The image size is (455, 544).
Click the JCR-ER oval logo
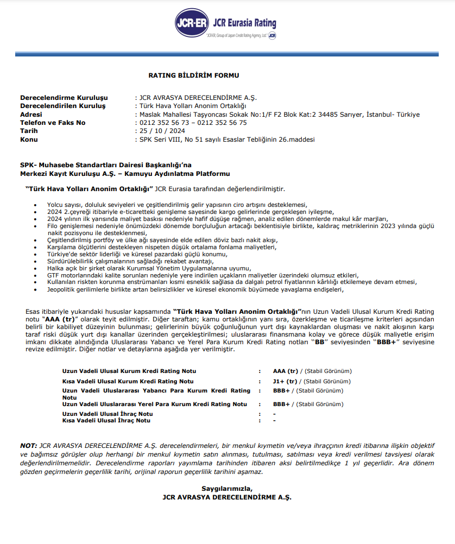(191, 24)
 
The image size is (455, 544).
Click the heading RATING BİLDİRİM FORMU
(194, 75)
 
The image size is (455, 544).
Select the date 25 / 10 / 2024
(162, 131)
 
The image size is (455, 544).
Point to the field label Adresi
(30, 115)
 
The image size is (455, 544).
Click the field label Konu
(29, 140)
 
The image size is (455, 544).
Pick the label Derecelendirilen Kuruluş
(63, 106)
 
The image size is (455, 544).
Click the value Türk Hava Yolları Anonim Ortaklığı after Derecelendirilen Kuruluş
(193, 106)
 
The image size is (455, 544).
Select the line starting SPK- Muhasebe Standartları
(106, 165)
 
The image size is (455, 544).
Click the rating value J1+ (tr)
(285, 381)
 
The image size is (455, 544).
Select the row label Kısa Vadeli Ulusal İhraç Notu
(106, 420)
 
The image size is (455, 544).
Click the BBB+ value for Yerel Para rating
(282, 404)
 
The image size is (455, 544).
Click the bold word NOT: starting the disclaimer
(29, 445)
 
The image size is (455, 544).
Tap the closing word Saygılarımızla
(227, 488)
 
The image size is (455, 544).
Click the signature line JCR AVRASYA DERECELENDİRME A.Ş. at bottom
(227, 497)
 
